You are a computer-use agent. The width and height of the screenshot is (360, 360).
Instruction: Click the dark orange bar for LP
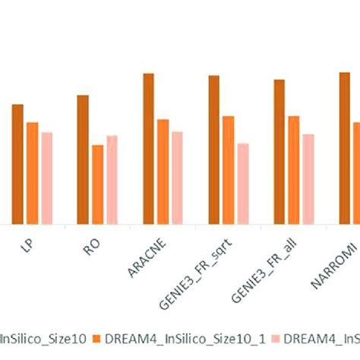tap(17, 164)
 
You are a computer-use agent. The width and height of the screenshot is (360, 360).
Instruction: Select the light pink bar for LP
tap(46, 178)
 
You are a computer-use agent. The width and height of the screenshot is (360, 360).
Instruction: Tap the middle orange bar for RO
tap(97, 185)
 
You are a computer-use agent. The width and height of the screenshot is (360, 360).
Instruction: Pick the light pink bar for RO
tap(112, 180)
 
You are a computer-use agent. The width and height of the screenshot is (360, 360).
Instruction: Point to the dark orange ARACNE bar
tap(148, 149)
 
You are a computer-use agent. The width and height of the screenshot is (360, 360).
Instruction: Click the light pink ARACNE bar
tap(177, 178)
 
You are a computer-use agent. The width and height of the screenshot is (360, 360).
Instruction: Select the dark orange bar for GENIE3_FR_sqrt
tap(214, 150)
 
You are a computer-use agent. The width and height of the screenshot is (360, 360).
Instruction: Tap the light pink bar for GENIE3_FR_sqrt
tap(242, 184)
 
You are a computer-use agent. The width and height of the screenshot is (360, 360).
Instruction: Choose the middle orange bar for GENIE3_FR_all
tap(293, 170)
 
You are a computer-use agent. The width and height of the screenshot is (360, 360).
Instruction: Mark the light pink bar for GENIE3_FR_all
tap(308, 179)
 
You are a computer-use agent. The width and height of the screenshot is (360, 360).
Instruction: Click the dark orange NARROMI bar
tap(344, 148)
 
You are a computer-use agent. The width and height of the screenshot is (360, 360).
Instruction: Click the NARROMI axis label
tap(328, 258)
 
